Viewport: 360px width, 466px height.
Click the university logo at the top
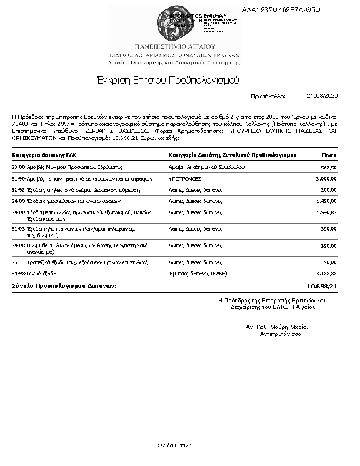pyautogui.click(x=179, y=22)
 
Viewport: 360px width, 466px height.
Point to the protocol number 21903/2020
pyautogui.click(x=322, y=95)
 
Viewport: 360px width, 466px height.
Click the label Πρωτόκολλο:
pyautogui.click(x=268, y=95)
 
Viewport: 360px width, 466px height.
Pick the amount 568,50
pyautogui.click(x=328, y=167)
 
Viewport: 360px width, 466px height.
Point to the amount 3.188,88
pyautogui.click(x=326, y=274)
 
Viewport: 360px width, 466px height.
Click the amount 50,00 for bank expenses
pyautogui.click(x=329, y=262)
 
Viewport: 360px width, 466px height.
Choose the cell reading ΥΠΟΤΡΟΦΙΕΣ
pyautogui.click(x=186, y=179)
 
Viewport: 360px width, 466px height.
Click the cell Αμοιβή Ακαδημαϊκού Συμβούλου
pyautogui.click(x=203, y=167)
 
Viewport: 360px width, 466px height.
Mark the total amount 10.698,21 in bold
pyautogui.click(x=322, y=286)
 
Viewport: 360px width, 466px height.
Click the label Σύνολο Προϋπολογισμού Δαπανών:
pyautogui.click(x=64, y=285)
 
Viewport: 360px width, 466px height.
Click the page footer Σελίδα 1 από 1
pyautogui.click(x=175, y=445)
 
